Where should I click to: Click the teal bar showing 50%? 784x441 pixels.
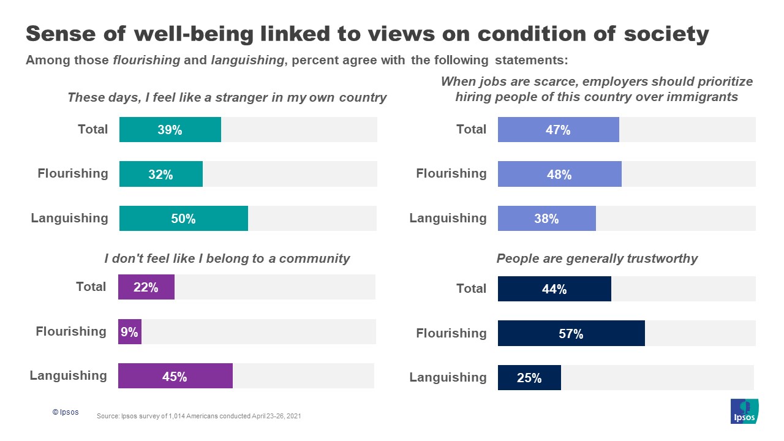(x=183, y=218)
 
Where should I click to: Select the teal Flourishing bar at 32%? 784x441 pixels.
(x=160, y=174)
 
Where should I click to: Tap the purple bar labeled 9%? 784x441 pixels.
(x=130, y=331)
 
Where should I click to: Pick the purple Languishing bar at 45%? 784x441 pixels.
(x=175, y=375)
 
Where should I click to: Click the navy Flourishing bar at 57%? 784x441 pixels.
(x=571, y=333)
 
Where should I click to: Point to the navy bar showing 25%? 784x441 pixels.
(x=529, y=377)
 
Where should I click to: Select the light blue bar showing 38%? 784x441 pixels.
(x=546, y=218)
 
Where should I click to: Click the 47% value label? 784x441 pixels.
(x=558, y=130)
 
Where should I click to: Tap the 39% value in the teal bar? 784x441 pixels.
(x=170, y=130)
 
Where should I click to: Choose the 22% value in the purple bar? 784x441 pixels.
(x=146, y=287)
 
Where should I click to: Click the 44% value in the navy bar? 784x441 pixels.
(x=554, y=289)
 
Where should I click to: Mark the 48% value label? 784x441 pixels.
(x=559, y=175)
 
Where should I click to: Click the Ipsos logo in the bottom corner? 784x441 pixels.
(x=744, y=411)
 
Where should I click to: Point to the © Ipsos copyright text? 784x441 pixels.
(x=66, y=413)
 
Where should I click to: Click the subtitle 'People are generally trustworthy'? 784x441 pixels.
(x=597, y=258)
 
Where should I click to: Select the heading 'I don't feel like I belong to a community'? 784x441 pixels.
(x=227, y=258)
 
